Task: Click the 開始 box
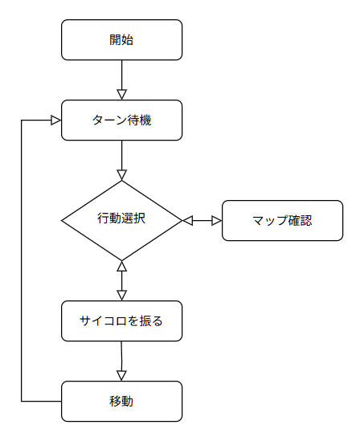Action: [122, 39]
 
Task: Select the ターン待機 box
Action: [122, 120]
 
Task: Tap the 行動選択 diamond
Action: [122, 220]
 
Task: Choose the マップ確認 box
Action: [282, 220]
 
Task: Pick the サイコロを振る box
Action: [122, 321]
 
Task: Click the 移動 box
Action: [122, 402]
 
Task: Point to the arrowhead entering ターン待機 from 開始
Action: [122, 95]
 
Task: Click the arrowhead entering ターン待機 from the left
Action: [56, 120]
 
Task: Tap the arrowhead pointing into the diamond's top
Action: [122, 175]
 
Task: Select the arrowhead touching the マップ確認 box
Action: [217, 220]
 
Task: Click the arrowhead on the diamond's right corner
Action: [187, 220]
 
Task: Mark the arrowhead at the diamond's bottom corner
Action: [122, 266]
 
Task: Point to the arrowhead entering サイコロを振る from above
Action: [122, 296]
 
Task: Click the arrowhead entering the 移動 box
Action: [121, 376]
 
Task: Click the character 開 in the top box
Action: [116, 39]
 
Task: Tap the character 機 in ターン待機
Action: [145, 120]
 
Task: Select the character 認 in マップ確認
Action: [306, 220]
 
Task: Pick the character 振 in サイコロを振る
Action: [145, 321]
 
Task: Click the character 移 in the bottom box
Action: [116, 402]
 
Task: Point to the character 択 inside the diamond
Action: [140, 218]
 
